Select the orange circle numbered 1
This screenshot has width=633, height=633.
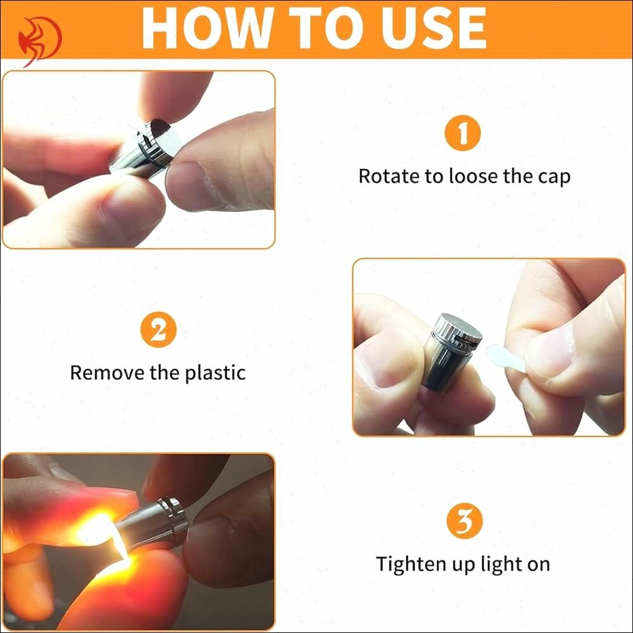[463, 133]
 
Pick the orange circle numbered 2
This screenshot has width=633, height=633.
[159, 330]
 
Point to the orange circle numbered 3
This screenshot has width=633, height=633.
[465, 521]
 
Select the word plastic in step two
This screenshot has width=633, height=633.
[215, 373]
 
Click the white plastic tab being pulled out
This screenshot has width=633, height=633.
[505, 357]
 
